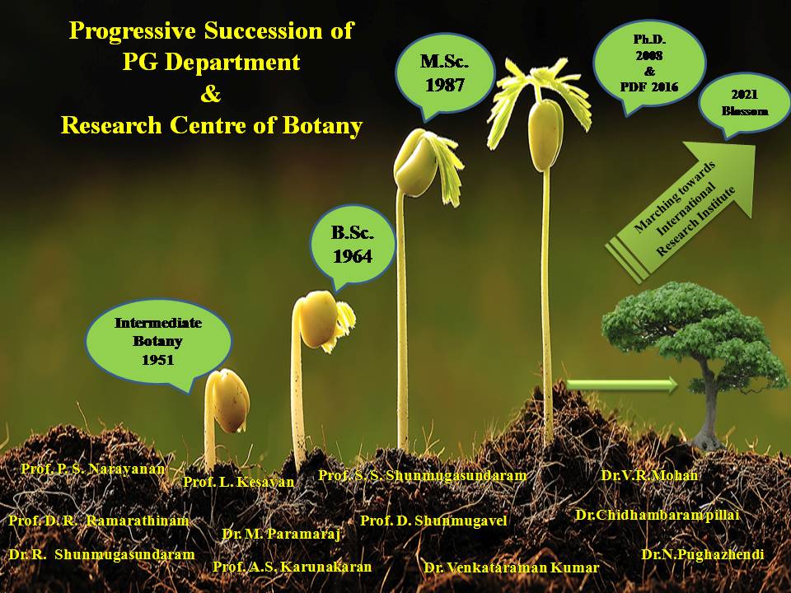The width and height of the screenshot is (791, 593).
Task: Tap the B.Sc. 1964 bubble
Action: pos(353,245)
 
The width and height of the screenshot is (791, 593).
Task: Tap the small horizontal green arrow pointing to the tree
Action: pos(622,383)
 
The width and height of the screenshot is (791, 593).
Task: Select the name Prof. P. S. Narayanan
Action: pos(93,468)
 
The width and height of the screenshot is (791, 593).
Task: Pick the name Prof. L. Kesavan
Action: pos(238,482)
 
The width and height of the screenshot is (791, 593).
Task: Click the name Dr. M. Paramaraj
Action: pos(282,534)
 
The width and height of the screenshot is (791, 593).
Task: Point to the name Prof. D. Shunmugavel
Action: pos(433,521)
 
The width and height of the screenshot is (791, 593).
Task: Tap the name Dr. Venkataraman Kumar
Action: pos(511,567)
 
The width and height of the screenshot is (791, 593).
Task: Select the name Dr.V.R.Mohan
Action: pos(649,475)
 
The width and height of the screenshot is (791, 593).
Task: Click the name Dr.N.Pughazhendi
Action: pos(703,554)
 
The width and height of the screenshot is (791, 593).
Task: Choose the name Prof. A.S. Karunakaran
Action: pos(292,567)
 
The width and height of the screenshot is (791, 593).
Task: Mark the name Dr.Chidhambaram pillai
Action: pos(657,515)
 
